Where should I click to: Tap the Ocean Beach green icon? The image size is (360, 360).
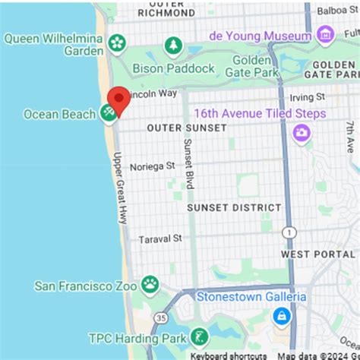click(109, 114)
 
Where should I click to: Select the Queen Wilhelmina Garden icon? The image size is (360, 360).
click(117, 43)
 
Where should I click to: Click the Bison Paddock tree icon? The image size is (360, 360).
click(175, 46)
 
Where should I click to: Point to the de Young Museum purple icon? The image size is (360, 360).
click(326, 35)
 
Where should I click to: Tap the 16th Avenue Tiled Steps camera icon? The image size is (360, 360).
click(302, 134)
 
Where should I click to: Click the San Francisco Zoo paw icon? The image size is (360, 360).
click(150, 286)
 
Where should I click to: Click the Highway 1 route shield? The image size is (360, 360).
click(288, 231)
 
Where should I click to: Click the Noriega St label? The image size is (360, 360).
click(152, 166)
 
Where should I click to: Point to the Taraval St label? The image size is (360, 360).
click(160, 238)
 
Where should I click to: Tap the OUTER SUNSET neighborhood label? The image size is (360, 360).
click(187, 128)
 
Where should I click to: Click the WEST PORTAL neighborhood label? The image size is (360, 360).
click(317, 254)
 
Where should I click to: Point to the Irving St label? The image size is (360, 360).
click(309, 97)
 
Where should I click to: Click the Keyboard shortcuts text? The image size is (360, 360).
click(228, 355)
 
